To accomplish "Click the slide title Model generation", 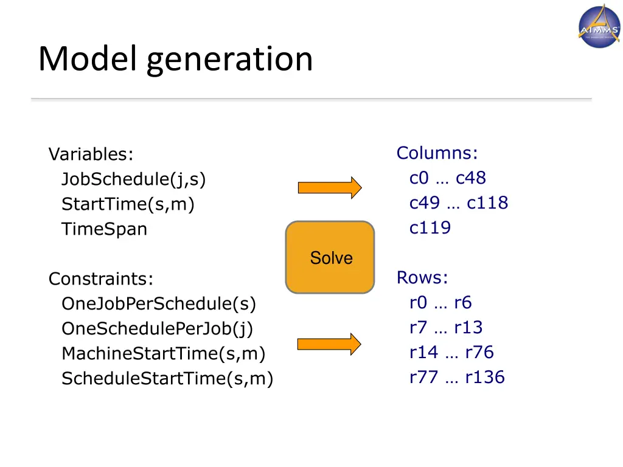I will click(175, 60).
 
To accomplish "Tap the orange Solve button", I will click(330, 257).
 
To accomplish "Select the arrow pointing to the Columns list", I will click(329, 188).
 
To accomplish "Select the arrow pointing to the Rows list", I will click(329, 344).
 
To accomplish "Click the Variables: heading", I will click(91, 154).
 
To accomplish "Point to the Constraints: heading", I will click(101, 279).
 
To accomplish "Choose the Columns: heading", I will click(437, 153).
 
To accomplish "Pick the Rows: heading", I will click(422, 278).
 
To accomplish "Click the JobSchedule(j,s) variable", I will click(134, 179).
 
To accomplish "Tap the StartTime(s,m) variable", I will click(128, 205).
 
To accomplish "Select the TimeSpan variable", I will click(104, 230).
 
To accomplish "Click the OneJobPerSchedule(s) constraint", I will click(159, 303).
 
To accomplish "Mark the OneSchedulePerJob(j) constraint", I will click(157, 329).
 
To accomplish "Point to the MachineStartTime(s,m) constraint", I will click(164, 354).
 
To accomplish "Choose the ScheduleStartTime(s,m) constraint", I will click(167, 379).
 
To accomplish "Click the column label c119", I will click(430, 228).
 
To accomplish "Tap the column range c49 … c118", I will click(459, 203).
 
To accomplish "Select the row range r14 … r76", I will click(451, 352).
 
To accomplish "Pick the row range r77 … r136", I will click(457, 377).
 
